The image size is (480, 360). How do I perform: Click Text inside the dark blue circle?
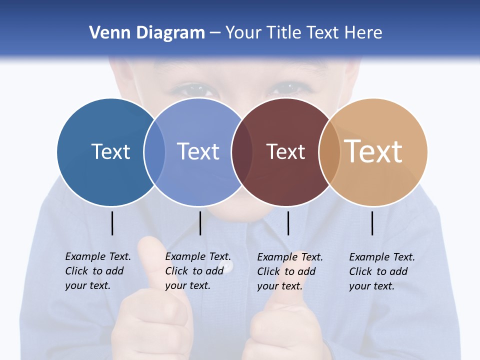[x=110, y=151]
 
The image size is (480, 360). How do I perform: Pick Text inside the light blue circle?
[x=198, y=151]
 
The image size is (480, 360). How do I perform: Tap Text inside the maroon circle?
[x=285, y=151]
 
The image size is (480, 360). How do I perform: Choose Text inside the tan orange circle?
[x=373, y=151]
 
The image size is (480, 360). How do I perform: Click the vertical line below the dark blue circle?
[x=112, y=223]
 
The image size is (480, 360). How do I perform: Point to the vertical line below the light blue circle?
[x=200, y=223]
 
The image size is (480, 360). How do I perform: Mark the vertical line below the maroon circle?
[x=288, y=223]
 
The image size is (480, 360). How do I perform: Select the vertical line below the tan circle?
[x=372, y=223]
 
